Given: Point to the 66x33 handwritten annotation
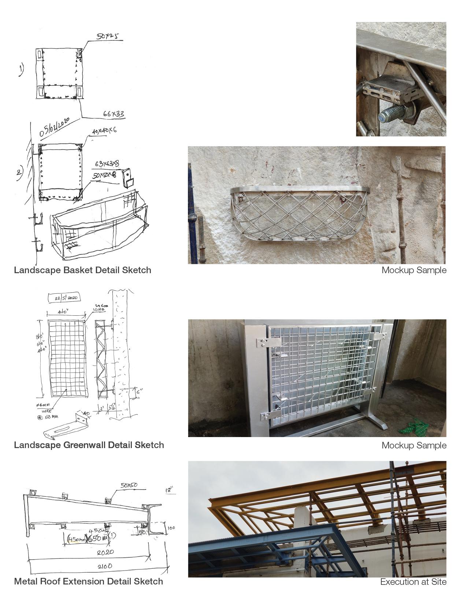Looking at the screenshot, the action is [114, 114].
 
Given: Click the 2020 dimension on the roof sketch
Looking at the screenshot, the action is [105, 552].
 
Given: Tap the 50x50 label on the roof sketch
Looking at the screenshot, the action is [129, 485].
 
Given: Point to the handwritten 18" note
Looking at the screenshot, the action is [169, 490].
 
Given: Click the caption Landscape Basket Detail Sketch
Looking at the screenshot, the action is [82, 270].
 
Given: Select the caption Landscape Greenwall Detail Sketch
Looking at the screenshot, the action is [89, 445].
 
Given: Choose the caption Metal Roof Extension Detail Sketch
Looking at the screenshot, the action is [88, 582].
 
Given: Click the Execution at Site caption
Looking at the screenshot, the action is [413, 582].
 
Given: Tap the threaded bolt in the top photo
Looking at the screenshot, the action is [394, 113].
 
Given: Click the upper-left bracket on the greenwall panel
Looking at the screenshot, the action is [269, 342].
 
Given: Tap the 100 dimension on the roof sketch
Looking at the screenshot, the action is [171, 528].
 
